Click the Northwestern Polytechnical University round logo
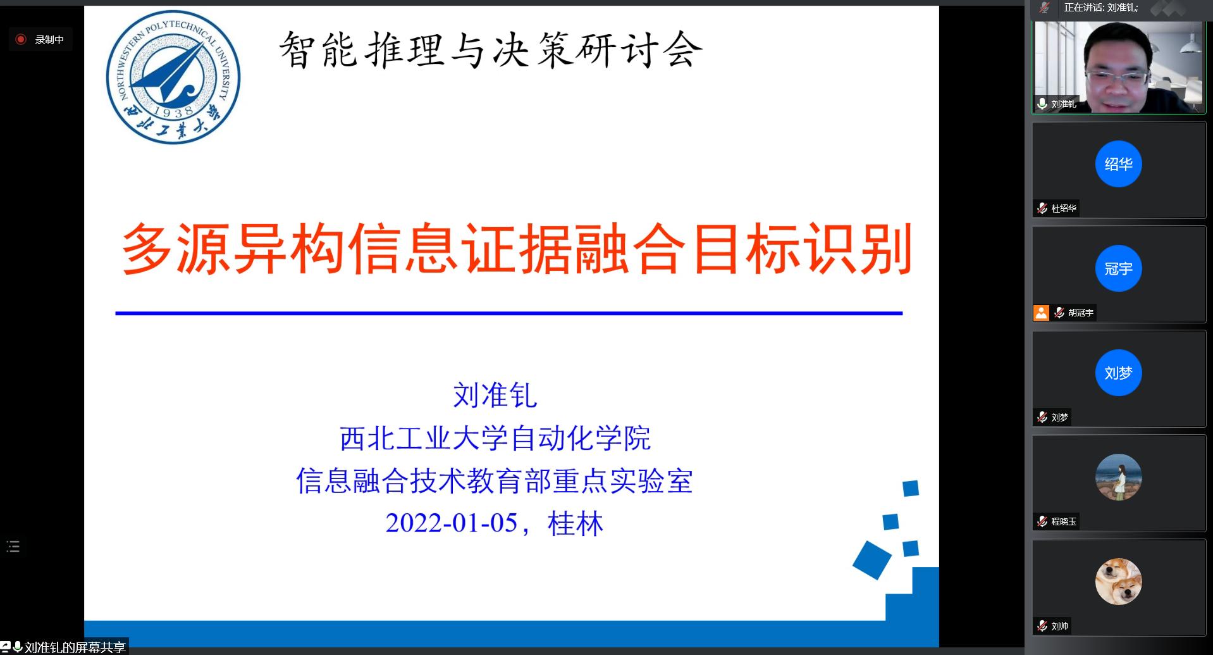point(173,77)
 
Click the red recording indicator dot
point(21,39)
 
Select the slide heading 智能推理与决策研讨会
point(491,49)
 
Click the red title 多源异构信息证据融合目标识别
point(517,248)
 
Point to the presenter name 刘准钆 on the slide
point(495,396)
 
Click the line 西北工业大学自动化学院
point(495,439)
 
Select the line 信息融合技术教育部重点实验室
point(495,481)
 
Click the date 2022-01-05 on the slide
point(452,523)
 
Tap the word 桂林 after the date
point(576,523)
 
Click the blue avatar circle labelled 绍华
point(1118,164)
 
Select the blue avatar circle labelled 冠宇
point(1118,268)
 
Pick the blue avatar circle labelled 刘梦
point(1118,373)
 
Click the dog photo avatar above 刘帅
point(1118,582)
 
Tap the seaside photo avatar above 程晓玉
point(1118,477)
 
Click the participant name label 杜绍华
point(1064,208)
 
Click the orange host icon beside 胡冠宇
point(1041,313)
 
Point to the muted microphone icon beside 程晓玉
point(1042,521)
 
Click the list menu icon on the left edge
point(13,546)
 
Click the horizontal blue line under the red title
point(508,313)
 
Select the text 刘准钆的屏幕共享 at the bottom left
point(75,647)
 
